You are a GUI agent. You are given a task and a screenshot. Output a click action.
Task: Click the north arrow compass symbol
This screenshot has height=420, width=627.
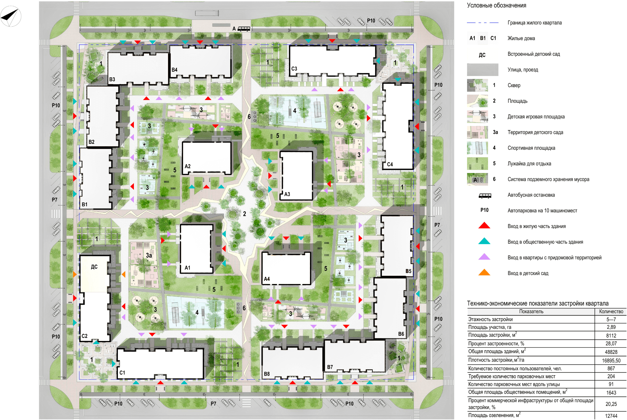click(x=11, y=16)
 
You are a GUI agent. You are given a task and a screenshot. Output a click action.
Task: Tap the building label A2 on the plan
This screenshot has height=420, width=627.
click(x=187, y=166)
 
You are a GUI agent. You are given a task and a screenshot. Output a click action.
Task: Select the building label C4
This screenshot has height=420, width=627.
click(x=390, y=164)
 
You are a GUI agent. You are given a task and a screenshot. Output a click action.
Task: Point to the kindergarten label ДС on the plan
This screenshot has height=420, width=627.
click(x=94, y=267)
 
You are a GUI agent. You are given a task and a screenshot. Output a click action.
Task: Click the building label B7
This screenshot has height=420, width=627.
click(x=330, y=367)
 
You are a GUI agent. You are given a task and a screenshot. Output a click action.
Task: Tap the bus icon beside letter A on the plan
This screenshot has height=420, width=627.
click(x=244, y=29)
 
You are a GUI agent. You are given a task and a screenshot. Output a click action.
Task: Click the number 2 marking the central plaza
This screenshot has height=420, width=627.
click(x=245, y=214)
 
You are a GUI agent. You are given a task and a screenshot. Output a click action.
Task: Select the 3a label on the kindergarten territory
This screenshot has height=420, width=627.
click(x=149, y=255)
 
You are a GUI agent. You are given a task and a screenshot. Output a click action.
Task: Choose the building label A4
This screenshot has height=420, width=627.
click(x=267, y=279)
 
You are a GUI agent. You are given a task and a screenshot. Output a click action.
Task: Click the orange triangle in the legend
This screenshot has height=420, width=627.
click(x=484, y=272)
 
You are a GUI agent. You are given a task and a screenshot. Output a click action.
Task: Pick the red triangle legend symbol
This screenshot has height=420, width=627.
click(x=484, y=225)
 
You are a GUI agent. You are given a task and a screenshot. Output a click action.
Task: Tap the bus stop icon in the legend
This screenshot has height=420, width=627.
click(x=485, y=196)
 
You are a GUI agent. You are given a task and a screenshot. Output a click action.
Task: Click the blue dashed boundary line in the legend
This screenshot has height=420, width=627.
click(x=482, y=23)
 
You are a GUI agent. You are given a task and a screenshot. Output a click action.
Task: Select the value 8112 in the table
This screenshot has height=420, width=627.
click(x=611, y=335)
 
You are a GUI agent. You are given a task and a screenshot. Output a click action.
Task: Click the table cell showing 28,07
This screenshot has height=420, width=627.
click(x=611, y=344)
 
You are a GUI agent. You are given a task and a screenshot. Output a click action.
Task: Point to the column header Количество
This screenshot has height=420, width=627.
click(x=611, y=311)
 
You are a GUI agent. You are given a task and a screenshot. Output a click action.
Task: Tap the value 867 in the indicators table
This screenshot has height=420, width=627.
click(x=611, y=368)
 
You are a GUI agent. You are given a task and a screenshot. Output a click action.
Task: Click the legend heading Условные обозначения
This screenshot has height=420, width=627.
click(x=497, y=5)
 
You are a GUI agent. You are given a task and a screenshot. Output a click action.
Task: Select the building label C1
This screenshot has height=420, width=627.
click(x=122, y=373)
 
